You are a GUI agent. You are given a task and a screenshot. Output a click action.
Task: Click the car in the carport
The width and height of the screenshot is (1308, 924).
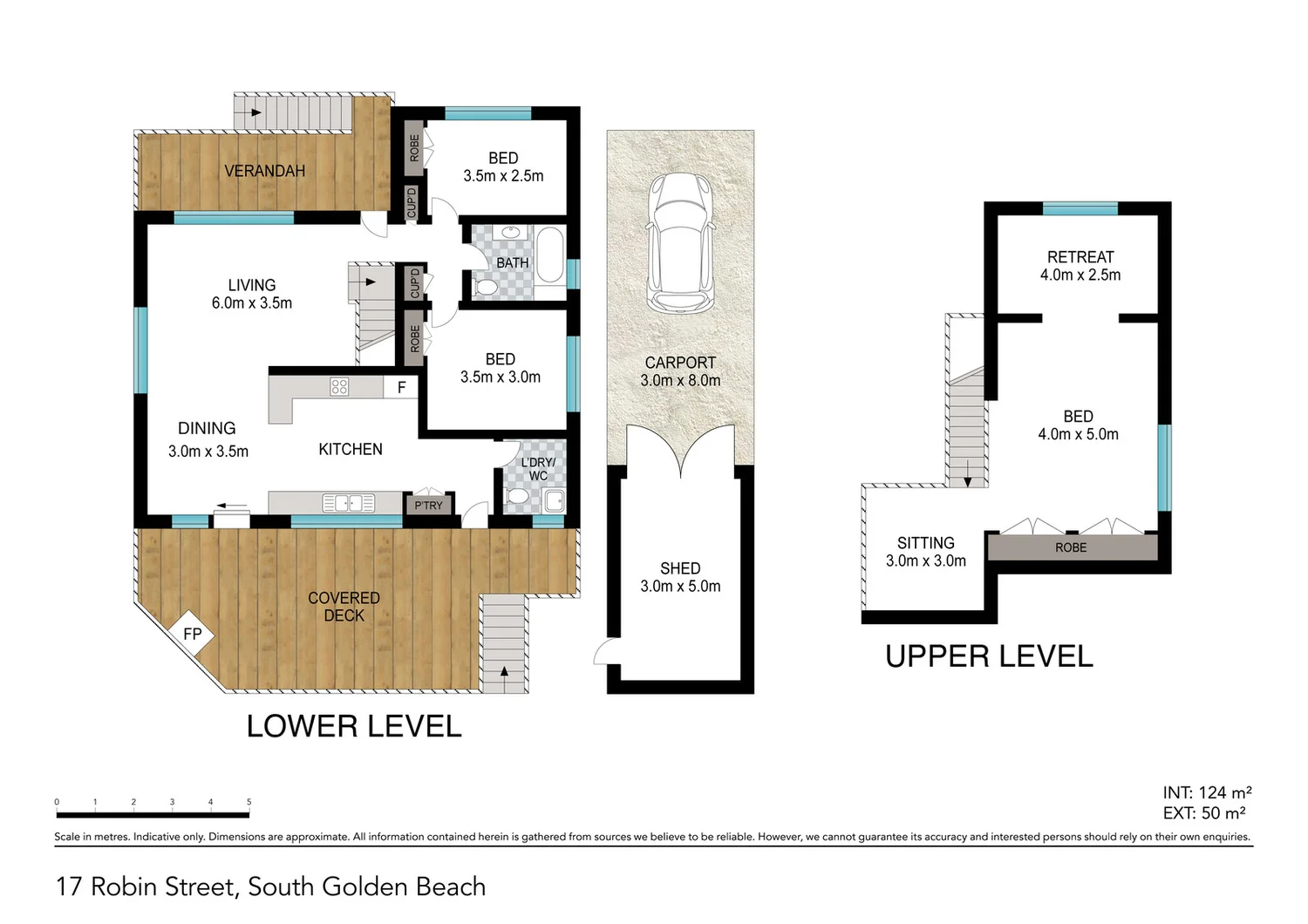pos(680,242)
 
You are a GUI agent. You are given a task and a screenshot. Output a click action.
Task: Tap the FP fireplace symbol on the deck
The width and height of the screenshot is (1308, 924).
pos(192,634)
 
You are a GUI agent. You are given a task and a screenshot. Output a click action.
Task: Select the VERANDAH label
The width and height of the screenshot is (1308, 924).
pos(264,171)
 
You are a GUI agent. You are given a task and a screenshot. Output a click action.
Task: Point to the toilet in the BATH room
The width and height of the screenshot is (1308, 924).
pos(485,286)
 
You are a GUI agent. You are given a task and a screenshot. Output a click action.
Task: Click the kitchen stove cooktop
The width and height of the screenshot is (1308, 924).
pos(339,387)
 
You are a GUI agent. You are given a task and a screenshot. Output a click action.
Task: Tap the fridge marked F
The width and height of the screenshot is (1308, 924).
pos(401,388)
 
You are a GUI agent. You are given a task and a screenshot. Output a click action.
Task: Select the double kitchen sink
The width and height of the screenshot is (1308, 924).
pos(349,503)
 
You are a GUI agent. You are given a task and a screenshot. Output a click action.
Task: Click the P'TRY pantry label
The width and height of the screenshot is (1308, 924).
pos(428,506)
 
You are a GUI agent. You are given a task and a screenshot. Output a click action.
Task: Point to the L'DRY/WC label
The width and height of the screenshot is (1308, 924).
pos(538,469)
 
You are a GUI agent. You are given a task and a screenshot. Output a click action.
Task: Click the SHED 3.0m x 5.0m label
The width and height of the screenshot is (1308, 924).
pos(680,577)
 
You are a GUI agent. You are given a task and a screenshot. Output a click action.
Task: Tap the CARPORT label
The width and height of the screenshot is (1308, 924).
pos(680,363)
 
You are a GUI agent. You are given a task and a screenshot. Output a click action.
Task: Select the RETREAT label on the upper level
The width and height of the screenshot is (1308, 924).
pos(1080,257)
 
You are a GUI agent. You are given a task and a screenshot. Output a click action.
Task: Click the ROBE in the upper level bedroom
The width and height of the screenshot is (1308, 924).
pos(1071,547)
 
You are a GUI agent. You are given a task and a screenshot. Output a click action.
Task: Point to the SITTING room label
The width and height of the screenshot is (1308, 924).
pos(925,543)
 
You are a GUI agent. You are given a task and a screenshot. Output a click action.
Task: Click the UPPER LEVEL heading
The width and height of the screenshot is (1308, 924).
pos(989,656)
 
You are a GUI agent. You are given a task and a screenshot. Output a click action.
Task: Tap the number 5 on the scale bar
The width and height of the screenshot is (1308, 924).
pos(249,802)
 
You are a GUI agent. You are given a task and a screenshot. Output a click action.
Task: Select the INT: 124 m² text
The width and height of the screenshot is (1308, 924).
pos(1207,792)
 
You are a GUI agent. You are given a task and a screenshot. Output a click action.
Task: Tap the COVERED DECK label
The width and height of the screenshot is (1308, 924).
pos(344,607)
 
